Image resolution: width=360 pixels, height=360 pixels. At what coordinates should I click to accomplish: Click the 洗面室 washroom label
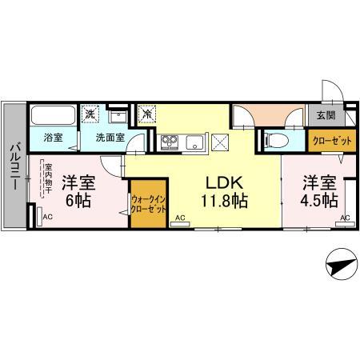[x=110, y=138]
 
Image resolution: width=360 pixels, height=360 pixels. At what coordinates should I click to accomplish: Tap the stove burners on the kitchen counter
[x=170, y=142]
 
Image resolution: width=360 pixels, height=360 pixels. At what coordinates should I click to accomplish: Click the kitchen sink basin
[x=194, y=142]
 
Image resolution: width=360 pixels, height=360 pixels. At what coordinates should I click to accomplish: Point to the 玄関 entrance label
[x=326, y=117]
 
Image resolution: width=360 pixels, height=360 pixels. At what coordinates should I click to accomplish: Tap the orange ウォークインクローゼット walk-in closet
[x=148, y=203]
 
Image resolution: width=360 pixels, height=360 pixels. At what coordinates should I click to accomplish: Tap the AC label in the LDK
[x=179, y=218]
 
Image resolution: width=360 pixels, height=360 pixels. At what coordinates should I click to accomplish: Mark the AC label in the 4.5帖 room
[x=345, y=218]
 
